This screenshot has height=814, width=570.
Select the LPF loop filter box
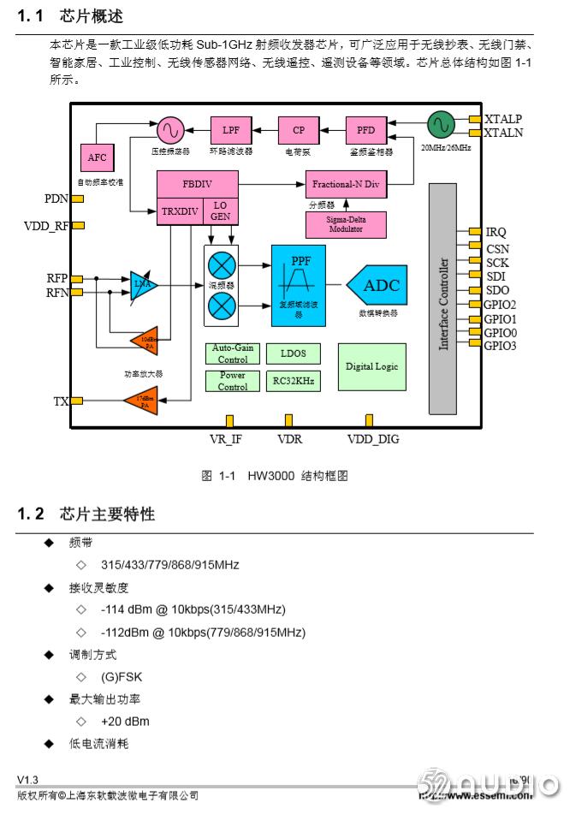point(230,130)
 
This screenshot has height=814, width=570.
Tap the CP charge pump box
point(299,130)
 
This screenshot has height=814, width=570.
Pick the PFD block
point(366,130)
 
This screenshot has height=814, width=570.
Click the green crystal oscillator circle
point(441,125)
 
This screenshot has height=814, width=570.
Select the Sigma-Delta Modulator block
point(346,224)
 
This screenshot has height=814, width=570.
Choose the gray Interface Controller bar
point(443,303)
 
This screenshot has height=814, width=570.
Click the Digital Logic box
point(371,366)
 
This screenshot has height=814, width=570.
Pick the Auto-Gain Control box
point(232,354)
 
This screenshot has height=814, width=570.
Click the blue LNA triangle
point(143,285)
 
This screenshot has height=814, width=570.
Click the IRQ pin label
point(496,232)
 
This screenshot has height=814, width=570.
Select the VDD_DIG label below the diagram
point(372,439)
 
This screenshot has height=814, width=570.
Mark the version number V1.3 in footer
point(28,779)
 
